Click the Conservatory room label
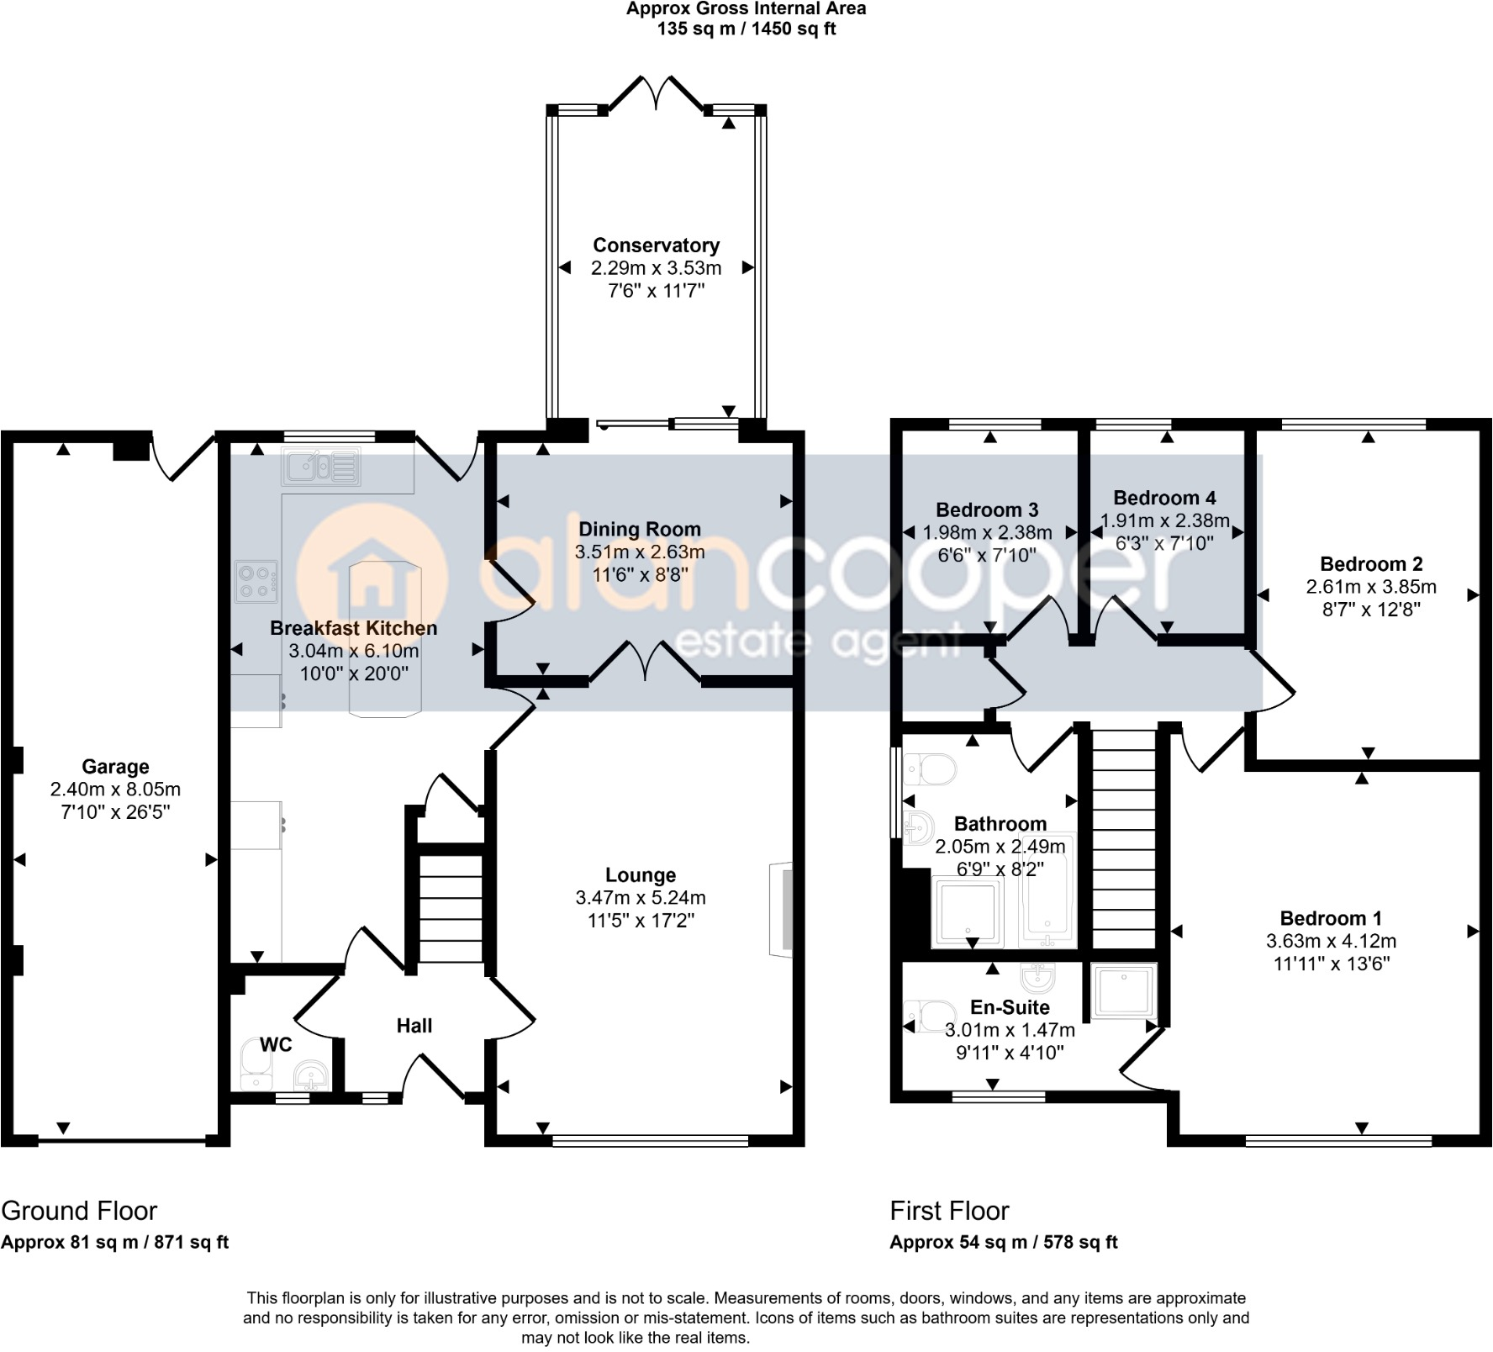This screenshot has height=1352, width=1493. click(x=656, y=246)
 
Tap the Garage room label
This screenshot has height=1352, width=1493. click(x=115, y=767)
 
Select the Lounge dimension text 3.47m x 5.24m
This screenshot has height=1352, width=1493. click(x=641, y=898)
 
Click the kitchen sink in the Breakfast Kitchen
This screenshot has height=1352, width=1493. click(x=321, y=467)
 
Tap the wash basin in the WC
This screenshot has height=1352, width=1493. click(x=311, y=1075)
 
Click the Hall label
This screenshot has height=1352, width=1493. click(x=414, y=1026)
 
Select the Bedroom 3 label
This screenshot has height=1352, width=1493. click(x=987, y=510)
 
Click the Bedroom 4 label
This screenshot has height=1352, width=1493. click(x=1164, y=498)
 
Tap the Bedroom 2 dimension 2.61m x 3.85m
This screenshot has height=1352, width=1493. click(x=1371, y=587)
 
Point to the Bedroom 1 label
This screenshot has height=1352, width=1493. click(x=1331, y=918)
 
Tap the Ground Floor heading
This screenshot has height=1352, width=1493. click(x=79, y=1211)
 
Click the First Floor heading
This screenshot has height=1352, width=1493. click(x=949, y=1211)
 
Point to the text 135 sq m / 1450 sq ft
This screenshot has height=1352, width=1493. click(x=746, y=29)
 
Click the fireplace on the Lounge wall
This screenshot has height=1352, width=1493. click(x=780, y=909)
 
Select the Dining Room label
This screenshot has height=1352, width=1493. click(x=640, y=530)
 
